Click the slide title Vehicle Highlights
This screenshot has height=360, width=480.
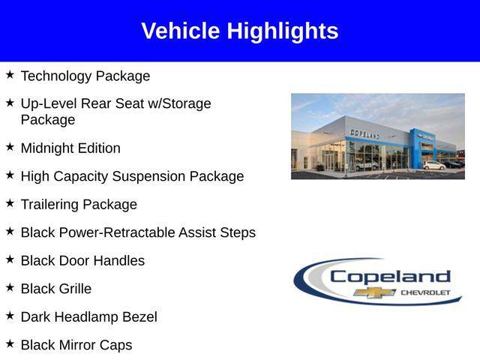click(x=240, y=31)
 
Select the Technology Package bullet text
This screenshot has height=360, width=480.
click(x=85, y=76)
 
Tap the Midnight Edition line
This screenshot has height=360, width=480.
click(x=70, y=148)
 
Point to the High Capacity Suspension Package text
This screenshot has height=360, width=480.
click(x=132, y=176)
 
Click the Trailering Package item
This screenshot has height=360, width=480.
click(x=79, y=204)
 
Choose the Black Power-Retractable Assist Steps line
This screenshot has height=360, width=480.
click(x=138, y=232)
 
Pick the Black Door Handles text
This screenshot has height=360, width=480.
click(x=82, y=260)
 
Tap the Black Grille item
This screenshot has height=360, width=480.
click(x=56, y=289)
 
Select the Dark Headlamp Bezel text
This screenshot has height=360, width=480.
click(x=88, y=316)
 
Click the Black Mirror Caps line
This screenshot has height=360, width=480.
click(x=76, y=345)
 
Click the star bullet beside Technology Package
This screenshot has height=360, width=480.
click(x=10, y=75)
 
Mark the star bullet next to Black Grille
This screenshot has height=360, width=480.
click(x=10, y=287)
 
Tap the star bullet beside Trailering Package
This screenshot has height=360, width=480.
click(x=10, y=203)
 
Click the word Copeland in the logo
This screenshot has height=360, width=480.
click(x=390, y=276)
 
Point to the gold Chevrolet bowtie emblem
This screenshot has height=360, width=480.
click(x=375, y=292)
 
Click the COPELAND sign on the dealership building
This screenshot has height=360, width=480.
click(x=365, y=133)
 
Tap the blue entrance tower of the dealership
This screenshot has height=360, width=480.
click(x=417, y=146)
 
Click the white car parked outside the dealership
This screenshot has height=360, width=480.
click(x=433, y=165)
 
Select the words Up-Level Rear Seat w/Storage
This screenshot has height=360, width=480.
click(x=116, y=103)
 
